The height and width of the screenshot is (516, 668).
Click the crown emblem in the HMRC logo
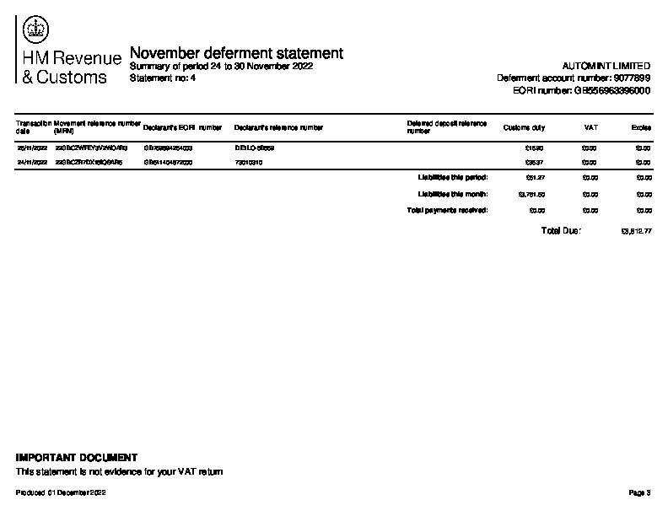tap(36, 31)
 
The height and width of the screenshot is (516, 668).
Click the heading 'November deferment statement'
tap(236, 53)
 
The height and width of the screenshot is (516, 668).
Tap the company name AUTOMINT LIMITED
tap(605, 66)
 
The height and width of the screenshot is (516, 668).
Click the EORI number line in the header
tap(581, 90)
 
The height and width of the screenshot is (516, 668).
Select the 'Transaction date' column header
tap(33, 127)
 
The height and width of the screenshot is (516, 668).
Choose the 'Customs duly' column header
tap(524, 128)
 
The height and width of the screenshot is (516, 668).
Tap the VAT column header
tap(590, 128)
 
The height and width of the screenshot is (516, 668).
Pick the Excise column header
tap(640, 128)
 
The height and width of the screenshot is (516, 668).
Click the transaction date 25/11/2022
tap(32, 148)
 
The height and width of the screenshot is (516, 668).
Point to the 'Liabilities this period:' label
tap(453, 177)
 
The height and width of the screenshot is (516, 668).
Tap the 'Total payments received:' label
tap(448, 210)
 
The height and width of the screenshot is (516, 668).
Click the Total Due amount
tap(635, 231)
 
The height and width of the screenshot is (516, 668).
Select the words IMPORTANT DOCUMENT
tap(77, 457)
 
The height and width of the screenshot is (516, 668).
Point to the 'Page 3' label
tap(639, 492)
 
